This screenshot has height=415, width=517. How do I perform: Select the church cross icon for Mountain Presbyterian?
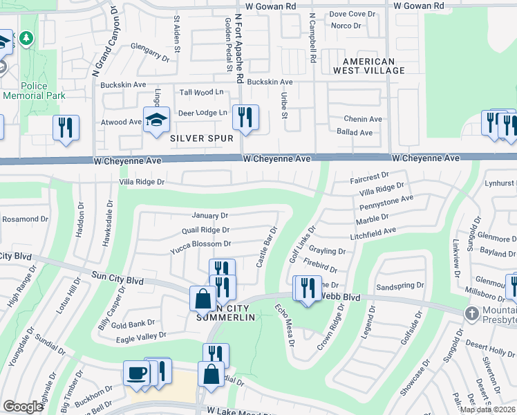tap(472, 313)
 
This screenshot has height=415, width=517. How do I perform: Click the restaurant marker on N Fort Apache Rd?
tap(245, 117)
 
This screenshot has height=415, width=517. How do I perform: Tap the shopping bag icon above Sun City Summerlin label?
tap(203, 299)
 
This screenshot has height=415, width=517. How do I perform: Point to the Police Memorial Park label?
tap(25, 91)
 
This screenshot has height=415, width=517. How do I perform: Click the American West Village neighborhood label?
tap(364, 66)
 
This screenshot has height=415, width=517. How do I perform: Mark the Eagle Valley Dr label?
tap(142, 335)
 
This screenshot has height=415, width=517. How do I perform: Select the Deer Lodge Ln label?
tap(203, 113)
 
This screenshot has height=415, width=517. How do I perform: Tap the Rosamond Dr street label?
tap(24, 219)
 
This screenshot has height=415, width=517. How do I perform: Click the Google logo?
tap(23, 407)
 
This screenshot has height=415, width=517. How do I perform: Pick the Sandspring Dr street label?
tap(399, 286)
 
